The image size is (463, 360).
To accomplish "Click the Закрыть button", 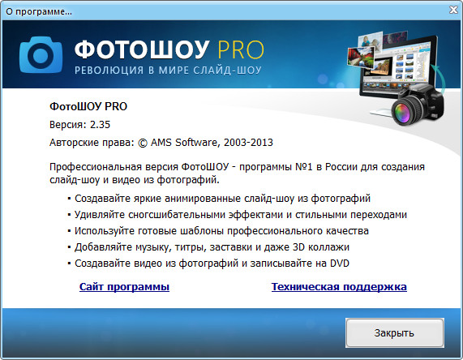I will click(395, 332).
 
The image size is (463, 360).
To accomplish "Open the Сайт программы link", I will click(124, 287).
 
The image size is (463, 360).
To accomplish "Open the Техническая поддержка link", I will click(339, 287).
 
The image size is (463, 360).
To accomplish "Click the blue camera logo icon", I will click(41, 54).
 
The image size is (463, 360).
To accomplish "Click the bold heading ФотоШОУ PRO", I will click(89, 106).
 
